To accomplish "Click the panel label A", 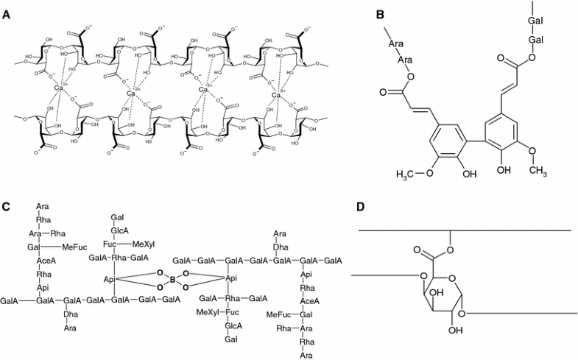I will pyautogui.click(x=7, y=14).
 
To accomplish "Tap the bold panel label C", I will pyautogui.click(x=7, y=206).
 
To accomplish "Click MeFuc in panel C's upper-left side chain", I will pyautogui.click(x=73, y=247).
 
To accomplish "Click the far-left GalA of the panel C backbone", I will pyautogui.click(x=10, y=300).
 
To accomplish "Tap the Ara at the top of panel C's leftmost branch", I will pyautogui.click(x=43, y=207).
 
